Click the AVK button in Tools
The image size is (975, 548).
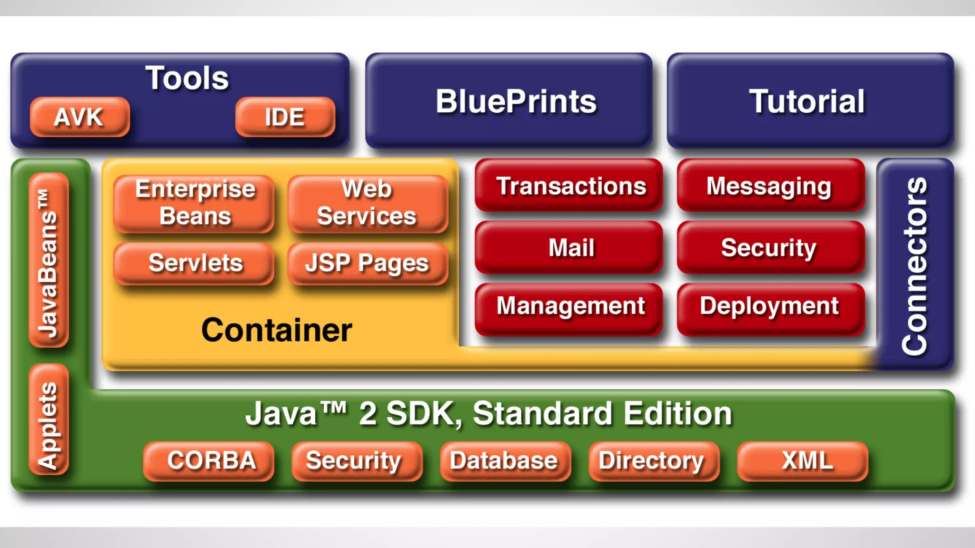[x=80, y=117]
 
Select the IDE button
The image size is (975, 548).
[x=285, y=117]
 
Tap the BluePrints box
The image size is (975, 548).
[x=508, y=101]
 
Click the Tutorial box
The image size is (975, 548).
[x=810, y=101]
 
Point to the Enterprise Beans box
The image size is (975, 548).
[x=194, y=203]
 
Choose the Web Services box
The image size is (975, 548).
[x=368, y=203]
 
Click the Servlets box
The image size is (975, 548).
[x=194, y=263]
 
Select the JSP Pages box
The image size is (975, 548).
[x=368, y=263]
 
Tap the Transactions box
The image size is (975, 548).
[x=569, y=186]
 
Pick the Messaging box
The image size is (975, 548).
[x=770, y=186]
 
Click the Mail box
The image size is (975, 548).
[x=569, y=247]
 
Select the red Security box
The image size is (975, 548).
[x=770, y=247]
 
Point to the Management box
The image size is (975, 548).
[x=569, y=307]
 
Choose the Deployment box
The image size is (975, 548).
[x=770, y=307]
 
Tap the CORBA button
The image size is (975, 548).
[x=209, y=460]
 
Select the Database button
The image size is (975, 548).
[x=505, y=460]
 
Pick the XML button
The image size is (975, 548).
[x=803, y=460]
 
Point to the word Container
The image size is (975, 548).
[x=277, y=330]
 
